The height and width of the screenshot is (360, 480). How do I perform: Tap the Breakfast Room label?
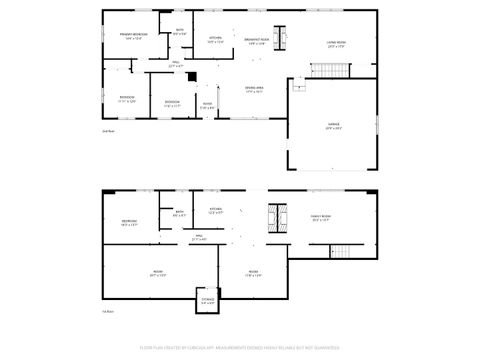click(x=255, y=41)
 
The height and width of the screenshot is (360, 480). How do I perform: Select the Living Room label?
click(x=335, y=44)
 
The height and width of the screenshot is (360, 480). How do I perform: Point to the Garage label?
click(x=333, y=127)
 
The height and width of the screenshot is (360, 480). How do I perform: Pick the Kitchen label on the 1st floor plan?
click(x=215, y=211)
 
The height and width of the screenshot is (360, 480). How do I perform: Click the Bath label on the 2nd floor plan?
click(x=180, y=32)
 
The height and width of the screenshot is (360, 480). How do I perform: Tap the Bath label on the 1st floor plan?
click(x=180, y=213)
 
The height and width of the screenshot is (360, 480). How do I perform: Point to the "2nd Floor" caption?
click(x=107, y=131)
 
